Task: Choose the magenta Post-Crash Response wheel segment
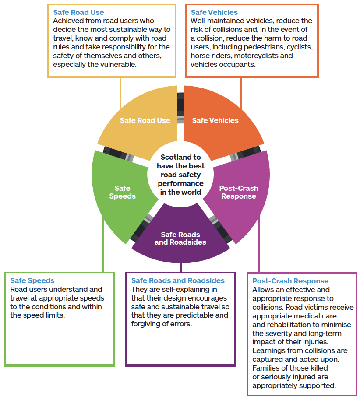pos(239,192)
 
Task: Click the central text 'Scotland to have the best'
pos(180,161)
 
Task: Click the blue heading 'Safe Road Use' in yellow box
pos(79,12)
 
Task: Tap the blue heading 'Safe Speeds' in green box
pos(32,280)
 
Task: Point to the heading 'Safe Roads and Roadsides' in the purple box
pos(178,280)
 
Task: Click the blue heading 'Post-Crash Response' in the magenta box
pos(290,281)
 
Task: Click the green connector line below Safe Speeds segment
pos(103,245)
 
